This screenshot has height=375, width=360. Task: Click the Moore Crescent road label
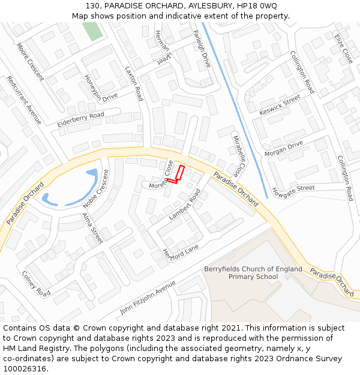pyautogui.click(x=31, y=61)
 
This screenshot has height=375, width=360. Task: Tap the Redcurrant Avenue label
pyautogui.click(x=24, y=100)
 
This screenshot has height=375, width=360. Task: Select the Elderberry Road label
pyautogui.click(x=80, y=119)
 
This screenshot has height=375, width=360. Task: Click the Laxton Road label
pyautogui.click(x=134, y=83)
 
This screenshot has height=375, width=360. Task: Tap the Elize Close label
pyautogui.click(x=343, y=49)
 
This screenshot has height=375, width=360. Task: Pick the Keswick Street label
pyautogui.click(x=280, y=106)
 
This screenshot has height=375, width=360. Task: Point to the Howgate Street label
pyautogui.click(x=293, y=191)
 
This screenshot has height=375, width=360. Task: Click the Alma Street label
pyautogui.click(x=92, y=228)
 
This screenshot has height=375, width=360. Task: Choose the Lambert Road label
pyautogui.click(x=185, y=205)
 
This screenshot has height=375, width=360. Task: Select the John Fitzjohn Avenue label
pyautogui.click(x=148, y=298)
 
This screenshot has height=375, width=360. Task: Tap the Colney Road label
pyautogui.click(x=36, y=283)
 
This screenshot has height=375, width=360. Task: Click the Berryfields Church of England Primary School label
pyautogui.click(x=253, y=273)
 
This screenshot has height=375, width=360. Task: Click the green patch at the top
pyautogui.click(x=93, y=31)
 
